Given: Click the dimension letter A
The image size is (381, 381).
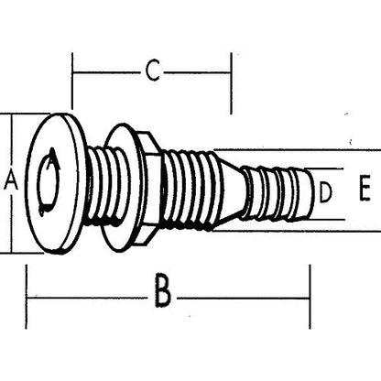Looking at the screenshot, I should pyautogui.click(x=11, y=181).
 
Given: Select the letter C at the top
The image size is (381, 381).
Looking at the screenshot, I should pyautogui.click(x=152, y=70).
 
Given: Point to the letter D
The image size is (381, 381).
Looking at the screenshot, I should pyautogui.click(x=324, y=193).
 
